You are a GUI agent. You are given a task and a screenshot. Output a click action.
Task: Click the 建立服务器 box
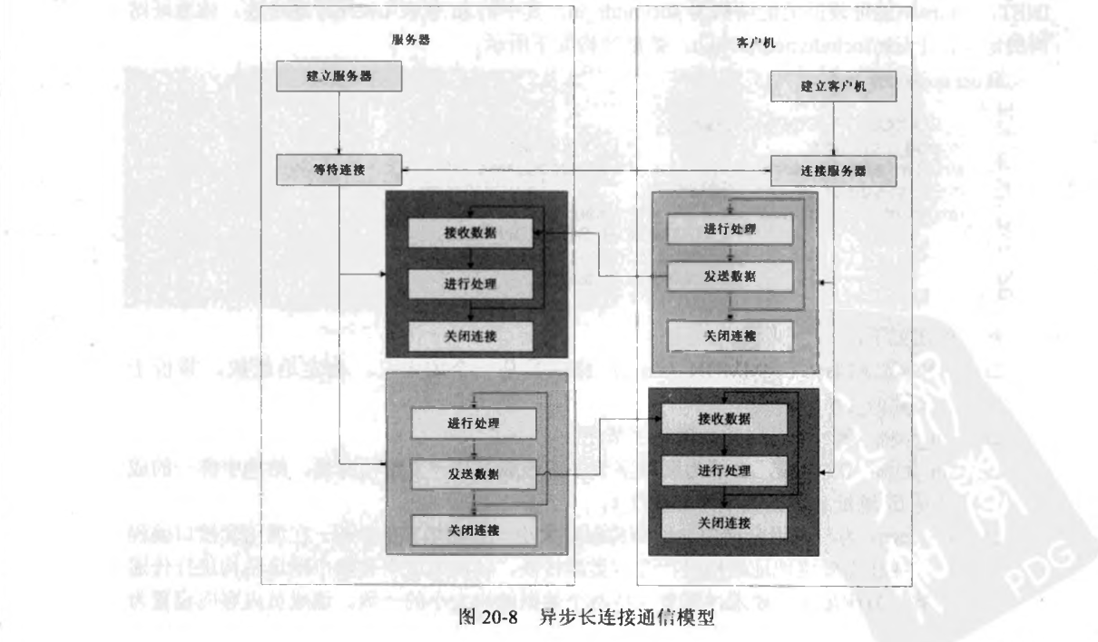pos(338,77)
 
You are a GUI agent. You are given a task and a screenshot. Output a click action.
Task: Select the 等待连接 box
pos(338,167)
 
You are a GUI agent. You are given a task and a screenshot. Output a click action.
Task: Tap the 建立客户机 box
pos(834,87)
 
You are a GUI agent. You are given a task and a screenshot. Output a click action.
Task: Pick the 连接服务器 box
pos(834,170)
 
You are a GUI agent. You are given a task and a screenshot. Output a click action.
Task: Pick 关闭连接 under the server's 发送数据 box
pos(472,527)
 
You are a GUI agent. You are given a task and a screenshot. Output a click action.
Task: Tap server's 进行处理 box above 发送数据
pos(472,423)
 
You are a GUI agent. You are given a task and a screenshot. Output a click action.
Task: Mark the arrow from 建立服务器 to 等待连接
pos(338,122)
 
